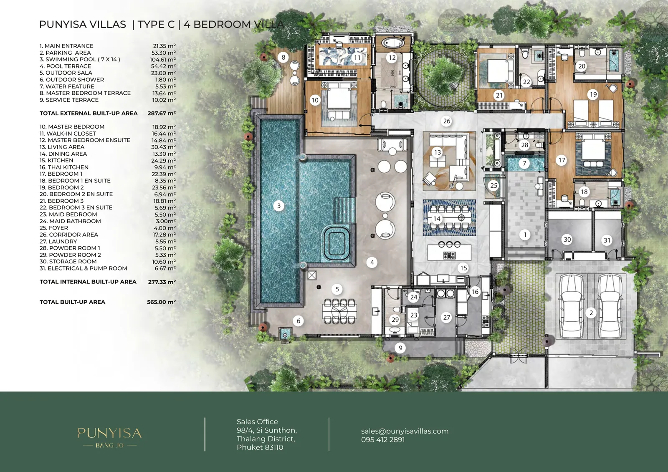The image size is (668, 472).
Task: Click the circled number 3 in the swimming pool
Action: pos(279,205)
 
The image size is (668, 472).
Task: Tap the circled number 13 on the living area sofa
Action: pos(438,152)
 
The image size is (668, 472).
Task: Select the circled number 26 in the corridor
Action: pos(446,121)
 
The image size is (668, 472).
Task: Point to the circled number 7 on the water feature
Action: pos(524,163)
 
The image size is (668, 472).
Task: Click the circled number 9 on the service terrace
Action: pos(400,348)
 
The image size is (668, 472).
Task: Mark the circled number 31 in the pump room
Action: pos(607,240)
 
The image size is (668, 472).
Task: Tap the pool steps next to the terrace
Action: pos(345,210)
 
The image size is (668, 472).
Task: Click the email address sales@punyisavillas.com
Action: pos(405,431)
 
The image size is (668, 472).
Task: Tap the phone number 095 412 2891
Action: pos(383,439)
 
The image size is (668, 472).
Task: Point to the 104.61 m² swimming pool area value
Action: pos(162,59)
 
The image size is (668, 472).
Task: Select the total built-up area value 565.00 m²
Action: pos(161,302)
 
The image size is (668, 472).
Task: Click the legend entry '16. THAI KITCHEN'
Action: pos(64,167)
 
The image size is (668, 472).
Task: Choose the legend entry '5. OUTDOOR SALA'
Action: pos(66,73)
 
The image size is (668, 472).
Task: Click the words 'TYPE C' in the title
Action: pos(156,25)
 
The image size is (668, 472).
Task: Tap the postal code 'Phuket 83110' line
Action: pos(260,447)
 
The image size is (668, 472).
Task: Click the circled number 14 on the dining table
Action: pos(437,219)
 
